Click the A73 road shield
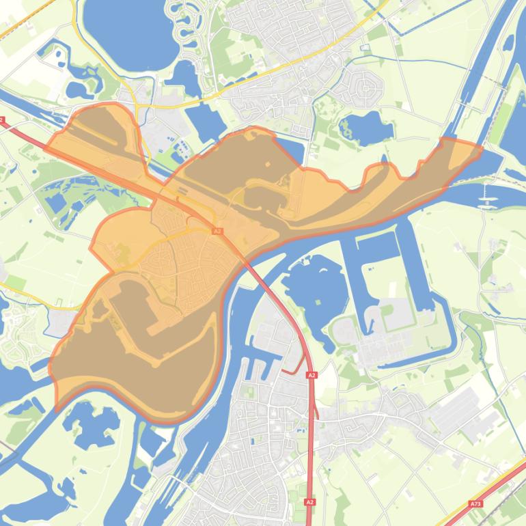pos(475,504)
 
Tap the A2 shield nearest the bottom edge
pos(311,502)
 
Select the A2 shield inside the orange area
pos(217,232)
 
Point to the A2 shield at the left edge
pos(2,121)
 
